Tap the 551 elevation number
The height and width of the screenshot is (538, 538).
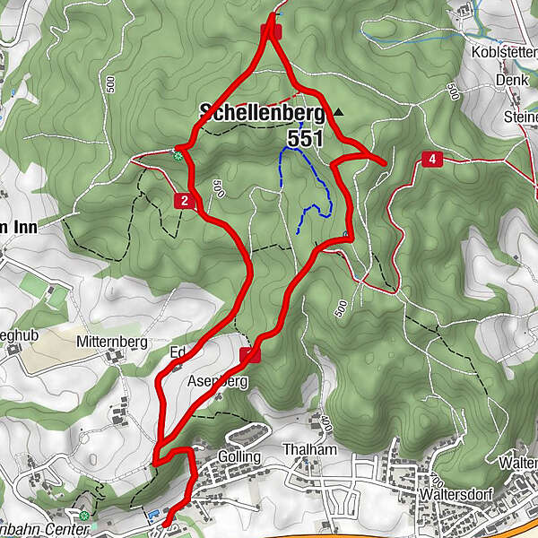[305, 139]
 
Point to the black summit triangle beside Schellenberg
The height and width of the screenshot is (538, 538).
[338, 112]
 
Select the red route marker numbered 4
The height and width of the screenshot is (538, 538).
[433, 159]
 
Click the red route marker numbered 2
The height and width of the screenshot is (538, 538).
[184, 201]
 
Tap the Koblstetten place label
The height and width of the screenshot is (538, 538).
[504, 52]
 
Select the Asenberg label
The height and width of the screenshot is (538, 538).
[217, 381]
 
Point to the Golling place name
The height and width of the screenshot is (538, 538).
[239, 456]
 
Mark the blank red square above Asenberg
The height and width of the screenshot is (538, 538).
[251, 356]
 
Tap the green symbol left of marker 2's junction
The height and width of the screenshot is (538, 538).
[178, 155]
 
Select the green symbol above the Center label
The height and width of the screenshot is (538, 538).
[84, 516]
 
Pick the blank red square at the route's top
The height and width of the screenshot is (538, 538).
[273, 31]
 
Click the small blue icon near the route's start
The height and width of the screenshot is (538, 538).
[152, 516]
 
